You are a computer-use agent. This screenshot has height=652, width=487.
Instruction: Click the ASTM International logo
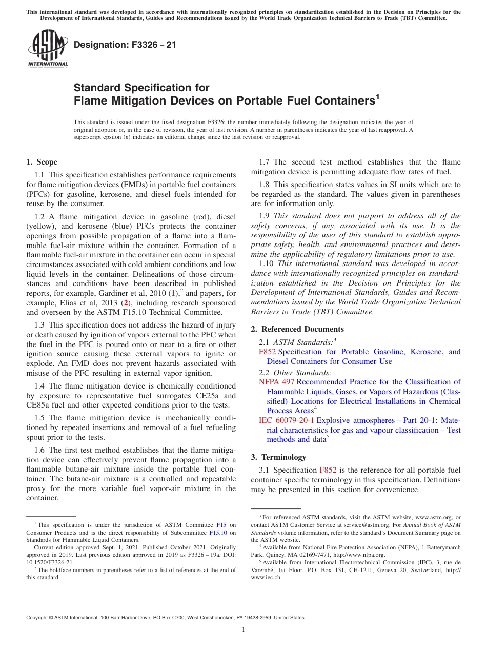tap(48, 49)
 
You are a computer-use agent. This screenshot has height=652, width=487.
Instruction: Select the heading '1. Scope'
tap(42, 162)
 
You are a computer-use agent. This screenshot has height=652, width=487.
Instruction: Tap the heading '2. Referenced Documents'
tap(297, 329)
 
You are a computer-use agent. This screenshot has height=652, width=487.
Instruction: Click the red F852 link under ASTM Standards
tap(267, 352)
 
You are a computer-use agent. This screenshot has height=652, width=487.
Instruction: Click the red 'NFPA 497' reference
tap(276, 382)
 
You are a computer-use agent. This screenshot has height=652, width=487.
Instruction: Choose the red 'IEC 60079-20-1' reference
tap(287, 420)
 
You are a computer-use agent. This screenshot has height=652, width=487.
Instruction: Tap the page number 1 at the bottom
tap(243, 629)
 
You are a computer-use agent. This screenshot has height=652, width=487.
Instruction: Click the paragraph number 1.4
tap(40, 386)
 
